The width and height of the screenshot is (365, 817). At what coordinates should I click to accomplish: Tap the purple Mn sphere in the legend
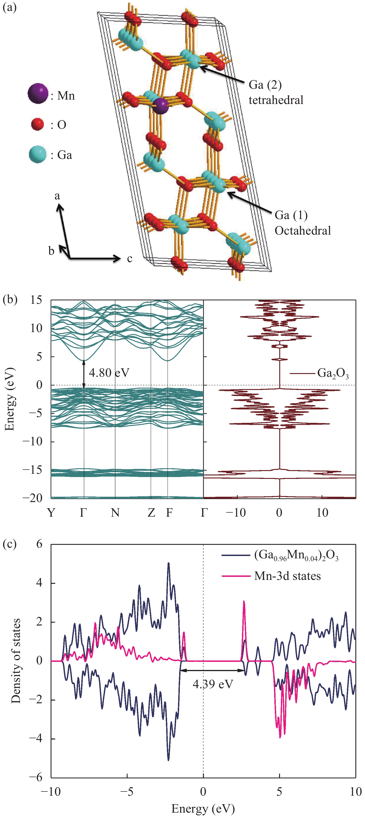pos(38,94)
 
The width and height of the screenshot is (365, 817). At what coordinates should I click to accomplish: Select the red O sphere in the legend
pos(38,124)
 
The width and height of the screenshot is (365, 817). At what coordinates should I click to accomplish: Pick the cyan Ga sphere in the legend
pos(38,154)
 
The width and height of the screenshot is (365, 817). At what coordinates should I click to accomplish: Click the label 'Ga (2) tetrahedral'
pos(276,92)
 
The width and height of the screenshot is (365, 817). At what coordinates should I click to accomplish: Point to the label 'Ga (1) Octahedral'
pos(302,223)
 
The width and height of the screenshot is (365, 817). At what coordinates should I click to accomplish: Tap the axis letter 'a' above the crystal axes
pos(57,196)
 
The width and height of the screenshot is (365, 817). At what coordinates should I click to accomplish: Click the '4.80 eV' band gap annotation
pos(109,373)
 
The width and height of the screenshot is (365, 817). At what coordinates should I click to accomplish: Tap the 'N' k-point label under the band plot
pos(115,512)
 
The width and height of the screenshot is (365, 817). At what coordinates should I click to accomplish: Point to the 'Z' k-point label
pos(151,512)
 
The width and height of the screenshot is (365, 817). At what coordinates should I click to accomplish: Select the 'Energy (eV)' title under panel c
pos(203,808)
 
